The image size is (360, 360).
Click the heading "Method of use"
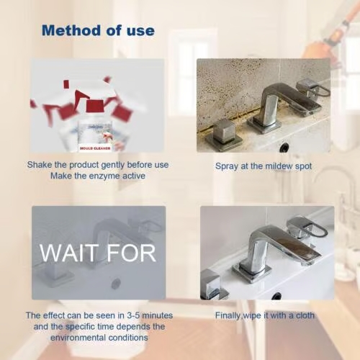tap(97, 30)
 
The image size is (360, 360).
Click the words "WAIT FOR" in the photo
tap(97, 253)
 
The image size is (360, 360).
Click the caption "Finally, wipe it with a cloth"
tap(265, 315)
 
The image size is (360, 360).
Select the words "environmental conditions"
tap(97, 337)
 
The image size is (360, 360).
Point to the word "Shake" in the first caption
tap(40, 165)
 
